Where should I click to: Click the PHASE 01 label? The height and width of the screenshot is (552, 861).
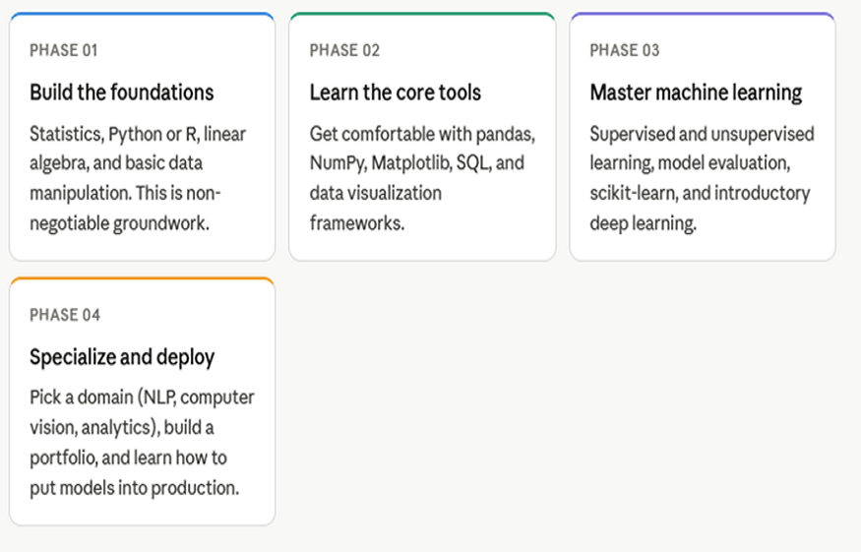64,50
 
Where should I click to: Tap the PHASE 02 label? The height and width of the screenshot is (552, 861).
344,50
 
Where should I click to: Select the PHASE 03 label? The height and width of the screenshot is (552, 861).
625,50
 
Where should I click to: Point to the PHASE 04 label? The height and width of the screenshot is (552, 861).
65,315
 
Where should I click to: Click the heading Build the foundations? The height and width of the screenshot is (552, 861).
121,92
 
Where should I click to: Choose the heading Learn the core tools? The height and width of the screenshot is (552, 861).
396,92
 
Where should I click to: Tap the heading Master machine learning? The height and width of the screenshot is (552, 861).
696,92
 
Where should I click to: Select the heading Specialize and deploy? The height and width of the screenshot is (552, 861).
122,357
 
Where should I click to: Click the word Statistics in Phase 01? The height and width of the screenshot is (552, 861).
65,134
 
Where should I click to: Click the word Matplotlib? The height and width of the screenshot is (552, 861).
410,163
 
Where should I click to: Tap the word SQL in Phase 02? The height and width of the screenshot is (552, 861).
473,163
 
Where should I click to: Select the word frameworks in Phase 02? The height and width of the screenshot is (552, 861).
356,223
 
